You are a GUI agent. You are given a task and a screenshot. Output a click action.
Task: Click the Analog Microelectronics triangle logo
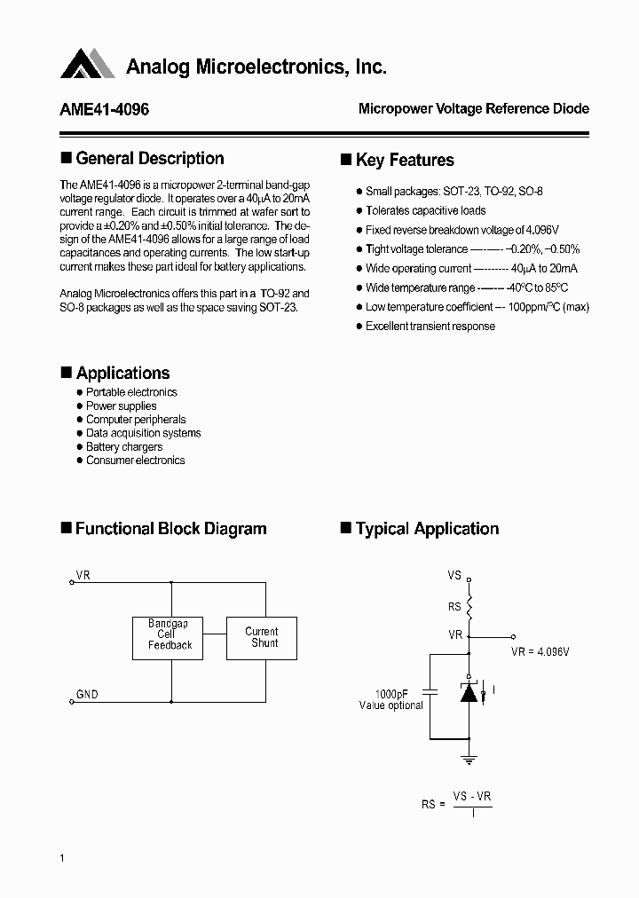[x=88, y=65]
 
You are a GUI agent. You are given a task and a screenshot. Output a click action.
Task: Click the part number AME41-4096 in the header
[x=105, y=109]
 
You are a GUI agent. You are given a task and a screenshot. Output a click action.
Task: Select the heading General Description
[x=149, y=159]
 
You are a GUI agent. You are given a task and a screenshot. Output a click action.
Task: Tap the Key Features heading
[x=405, y=161]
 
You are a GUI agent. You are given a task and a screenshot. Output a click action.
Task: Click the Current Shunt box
[x=262, y=638]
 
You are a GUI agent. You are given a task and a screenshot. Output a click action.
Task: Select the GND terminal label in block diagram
[x=87, y=695]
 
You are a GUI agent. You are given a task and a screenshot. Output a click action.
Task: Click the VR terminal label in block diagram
[x=83, y=576]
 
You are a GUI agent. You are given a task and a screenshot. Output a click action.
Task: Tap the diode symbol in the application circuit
[x=469, y=693]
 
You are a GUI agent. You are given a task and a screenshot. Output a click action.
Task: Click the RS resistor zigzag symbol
[x=469, y=607]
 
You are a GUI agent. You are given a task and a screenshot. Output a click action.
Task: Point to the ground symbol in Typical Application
[x=469, y=759]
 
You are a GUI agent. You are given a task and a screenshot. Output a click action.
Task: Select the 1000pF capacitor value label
[x=391, y=694]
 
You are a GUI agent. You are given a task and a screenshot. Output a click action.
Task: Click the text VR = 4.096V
[x=540, y=652]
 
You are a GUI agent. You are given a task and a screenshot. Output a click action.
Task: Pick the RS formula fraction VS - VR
[x=472, y=797]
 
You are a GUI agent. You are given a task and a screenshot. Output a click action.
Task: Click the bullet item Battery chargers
[x=124, y=447]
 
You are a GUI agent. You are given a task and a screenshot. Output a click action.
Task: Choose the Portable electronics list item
[x=131, y=392]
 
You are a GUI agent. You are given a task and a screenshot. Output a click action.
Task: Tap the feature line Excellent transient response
[x=430, y=327]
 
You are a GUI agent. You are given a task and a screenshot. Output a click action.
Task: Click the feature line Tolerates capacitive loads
[x=425, y=211]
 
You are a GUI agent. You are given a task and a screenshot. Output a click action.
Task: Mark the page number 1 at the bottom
[x=62, y=857]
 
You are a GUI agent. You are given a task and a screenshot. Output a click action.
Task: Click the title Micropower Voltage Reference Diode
[x=473, y=109]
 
